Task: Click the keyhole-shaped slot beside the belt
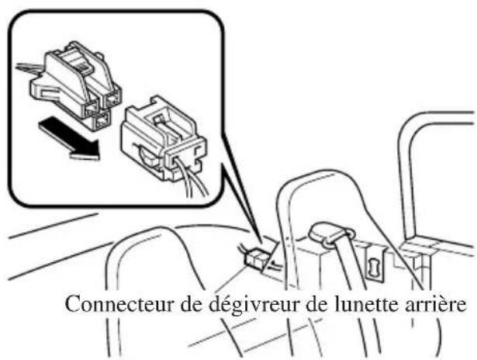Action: pos(374,266)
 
